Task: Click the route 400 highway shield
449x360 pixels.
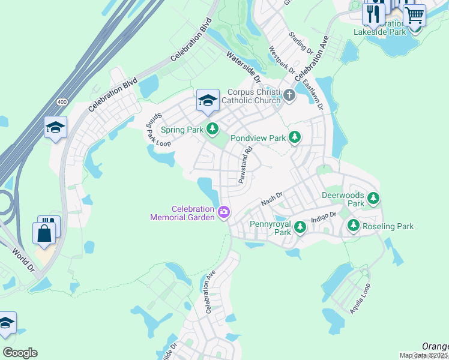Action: click(x=62, y=103)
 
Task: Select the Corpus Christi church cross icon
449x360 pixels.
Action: click(x=289, y=95)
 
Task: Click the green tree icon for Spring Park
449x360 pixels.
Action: click(x=212, y=128)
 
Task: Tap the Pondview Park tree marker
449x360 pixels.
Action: click(x=294, y=138)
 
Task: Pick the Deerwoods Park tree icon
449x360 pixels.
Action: click(x=373, y=198)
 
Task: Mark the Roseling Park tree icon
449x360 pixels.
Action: click(x=354, y=226)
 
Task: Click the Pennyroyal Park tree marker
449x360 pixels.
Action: click(x=300, y=227)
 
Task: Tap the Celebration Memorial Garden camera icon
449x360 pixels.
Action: click(x=224, y=211)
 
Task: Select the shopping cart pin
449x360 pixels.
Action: click(x=414, y=14)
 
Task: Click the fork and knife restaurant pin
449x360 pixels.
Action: click(x=373, y=13)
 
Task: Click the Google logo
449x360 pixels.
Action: click(x=20, y=353)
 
